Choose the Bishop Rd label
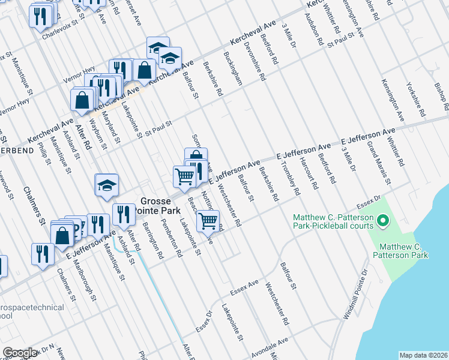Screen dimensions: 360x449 pos(442,97)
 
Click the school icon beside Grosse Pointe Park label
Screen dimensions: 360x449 pos(106,186)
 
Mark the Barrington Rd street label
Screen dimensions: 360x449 pos(152,240)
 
